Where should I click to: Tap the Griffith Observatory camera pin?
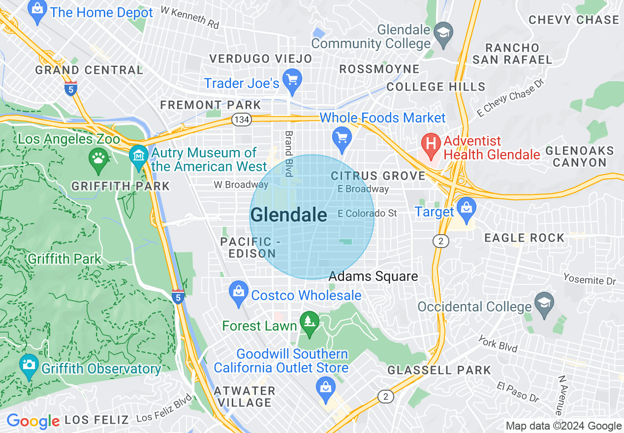(29, 367)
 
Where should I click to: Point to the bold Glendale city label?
(288, 215)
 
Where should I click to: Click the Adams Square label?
(373, 277)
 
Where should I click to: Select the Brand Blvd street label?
(289, 154)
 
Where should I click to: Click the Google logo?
(33, 421)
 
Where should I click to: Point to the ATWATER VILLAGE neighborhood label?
(245, 397)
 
